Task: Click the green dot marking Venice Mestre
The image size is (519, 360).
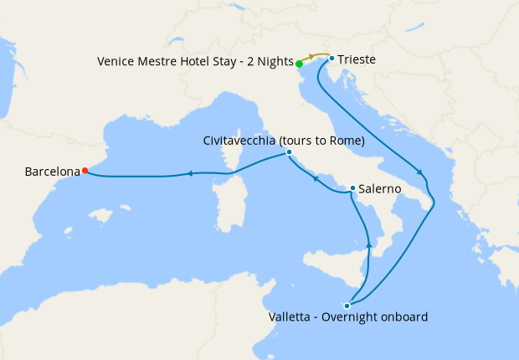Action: coord(299,64)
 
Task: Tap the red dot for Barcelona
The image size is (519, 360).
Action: coord(85,171)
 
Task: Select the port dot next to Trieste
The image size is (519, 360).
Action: coord(332,59)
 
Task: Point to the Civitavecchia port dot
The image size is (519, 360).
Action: coord(289,152)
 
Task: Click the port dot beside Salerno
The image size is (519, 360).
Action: coord(352,188)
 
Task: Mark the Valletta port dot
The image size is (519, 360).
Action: coord(347,306)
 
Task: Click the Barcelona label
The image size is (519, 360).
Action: coord(52,172)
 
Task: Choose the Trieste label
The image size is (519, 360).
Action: coord(356,59)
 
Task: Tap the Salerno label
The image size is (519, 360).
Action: coord(379,190)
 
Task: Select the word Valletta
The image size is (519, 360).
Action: coord(292,317)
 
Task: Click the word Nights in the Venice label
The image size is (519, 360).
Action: coord(275,62)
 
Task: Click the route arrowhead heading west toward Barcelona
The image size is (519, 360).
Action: coord(191,173)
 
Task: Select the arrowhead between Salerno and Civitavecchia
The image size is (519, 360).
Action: coord(315,177)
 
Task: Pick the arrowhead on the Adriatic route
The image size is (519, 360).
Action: coord(424,175)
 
